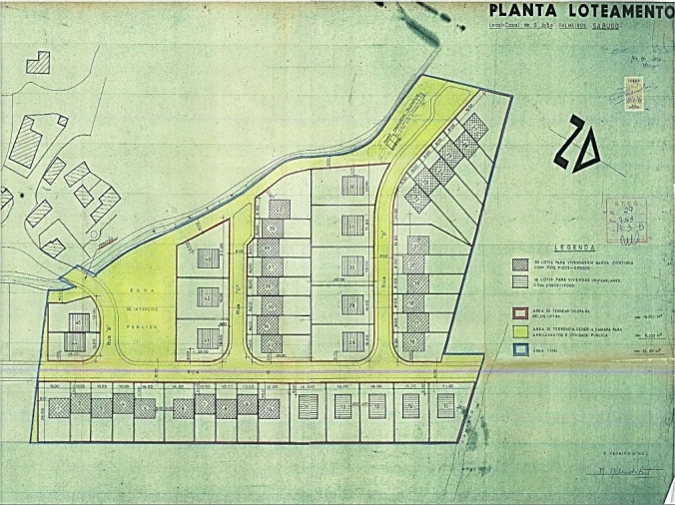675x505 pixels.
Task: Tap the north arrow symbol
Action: click(579, 143)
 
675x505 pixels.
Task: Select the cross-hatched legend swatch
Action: click(519, 265)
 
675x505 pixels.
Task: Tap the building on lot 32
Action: click(350, 186)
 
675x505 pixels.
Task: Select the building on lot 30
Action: click(350, 265)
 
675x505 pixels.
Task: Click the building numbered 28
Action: click(350, 340)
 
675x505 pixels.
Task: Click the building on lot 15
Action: click(443, 404)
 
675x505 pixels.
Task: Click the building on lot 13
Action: click(376, 405)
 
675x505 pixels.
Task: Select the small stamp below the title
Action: click(634, 87)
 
